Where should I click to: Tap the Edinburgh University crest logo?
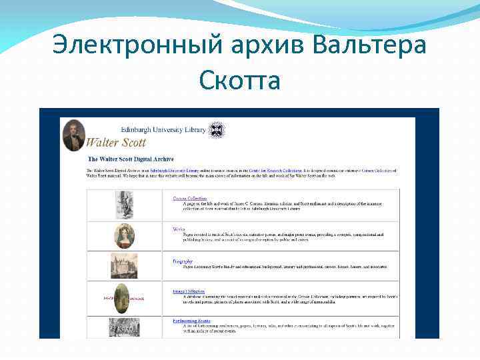coord(217,129)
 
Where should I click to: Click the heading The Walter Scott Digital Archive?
coord(131,159)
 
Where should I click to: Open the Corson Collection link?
coord(190,198)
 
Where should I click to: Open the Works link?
coord(179,229)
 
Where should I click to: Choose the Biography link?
coord(183,261)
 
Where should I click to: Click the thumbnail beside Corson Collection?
coord(125,205)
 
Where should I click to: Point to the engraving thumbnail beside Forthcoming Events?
coord(125,327)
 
